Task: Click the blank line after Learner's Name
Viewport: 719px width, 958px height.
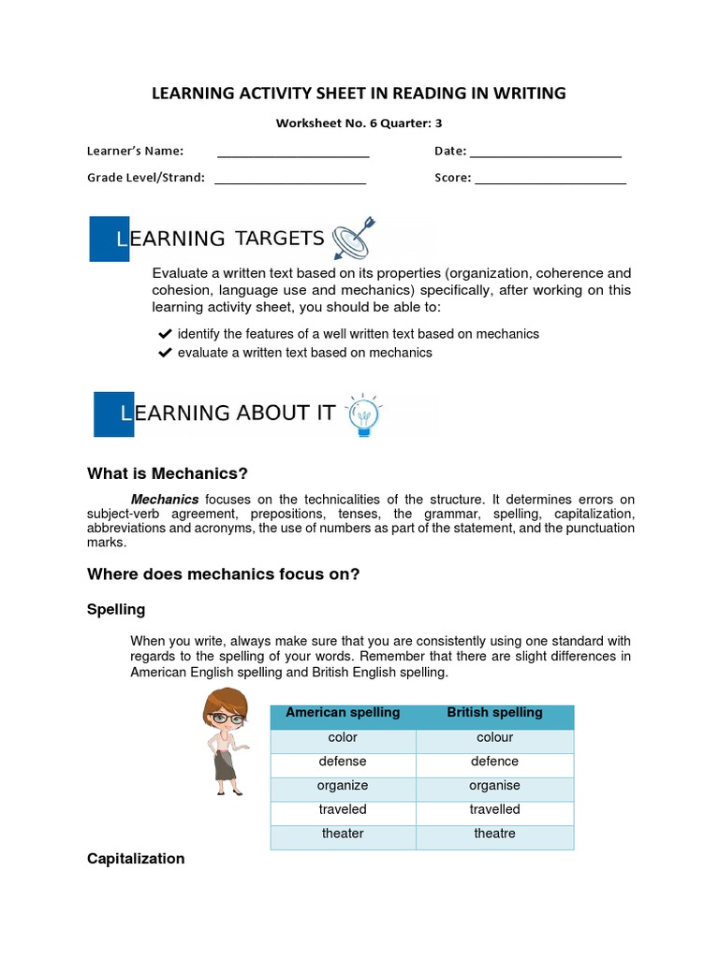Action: click(x=293, y=155)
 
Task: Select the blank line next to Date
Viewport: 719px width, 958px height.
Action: click(x=545, y=155)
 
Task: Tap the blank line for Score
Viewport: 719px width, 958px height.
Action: click(x=550, y=181)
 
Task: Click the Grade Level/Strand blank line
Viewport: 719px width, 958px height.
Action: click(x=290, y=181)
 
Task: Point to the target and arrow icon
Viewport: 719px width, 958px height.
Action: click(x=353, y=239)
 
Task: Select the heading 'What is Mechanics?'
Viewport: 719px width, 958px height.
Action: click(x=168, y=473)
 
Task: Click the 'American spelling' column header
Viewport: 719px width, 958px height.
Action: click(x=343, y=713)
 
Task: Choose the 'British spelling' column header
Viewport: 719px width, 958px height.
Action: click(x=494, y=713)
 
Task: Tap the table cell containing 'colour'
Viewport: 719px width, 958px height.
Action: click(x=494, y=737)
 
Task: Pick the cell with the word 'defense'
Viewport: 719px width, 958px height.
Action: click(x=343, y=762)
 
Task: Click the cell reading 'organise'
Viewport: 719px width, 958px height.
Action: click(x=494, y=786)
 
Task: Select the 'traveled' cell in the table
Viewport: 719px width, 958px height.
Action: click(x=343, y=809)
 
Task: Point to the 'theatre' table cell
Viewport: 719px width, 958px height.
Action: click(x=494, y=834)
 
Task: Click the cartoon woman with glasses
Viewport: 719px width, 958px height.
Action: click(x=225, y=740)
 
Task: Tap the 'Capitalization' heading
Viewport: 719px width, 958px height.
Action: click(x=136, y=859)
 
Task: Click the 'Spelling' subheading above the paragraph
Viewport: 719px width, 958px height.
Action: click(x=116, y=610)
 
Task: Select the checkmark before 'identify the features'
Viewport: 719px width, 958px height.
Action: click(x=165, y=334)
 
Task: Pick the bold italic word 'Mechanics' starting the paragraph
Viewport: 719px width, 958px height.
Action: click(x=165, y=500)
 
